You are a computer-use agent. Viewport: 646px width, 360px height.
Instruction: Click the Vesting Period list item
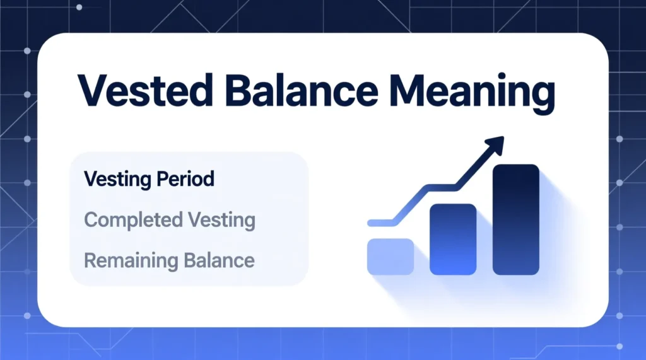click(149, 179)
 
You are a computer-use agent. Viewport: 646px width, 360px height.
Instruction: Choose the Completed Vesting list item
click(169, 220)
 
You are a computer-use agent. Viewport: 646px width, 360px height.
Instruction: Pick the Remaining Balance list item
click(168, 260)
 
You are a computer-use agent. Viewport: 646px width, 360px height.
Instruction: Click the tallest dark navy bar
click(515, 219)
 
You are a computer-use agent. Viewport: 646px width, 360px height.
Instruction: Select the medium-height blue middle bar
click(452, 239)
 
